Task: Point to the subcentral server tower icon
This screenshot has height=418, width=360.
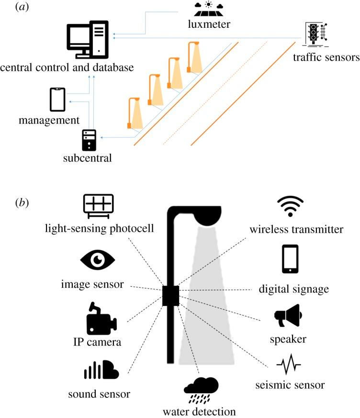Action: [x=89, y=140]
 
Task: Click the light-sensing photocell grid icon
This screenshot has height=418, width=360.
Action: [x=98, y=206]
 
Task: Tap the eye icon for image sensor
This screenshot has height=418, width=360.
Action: [x=98, y=260]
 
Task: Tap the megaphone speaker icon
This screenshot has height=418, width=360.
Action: [x=287, y=316]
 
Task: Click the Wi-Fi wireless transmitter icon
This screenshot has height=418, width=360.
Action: [x=290, y=206]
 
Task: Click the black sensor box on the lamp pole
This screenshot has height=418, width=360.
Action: [x=170, y=295]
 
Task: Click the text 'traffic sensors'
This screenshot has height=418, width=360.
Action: [x=326, y=58]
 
